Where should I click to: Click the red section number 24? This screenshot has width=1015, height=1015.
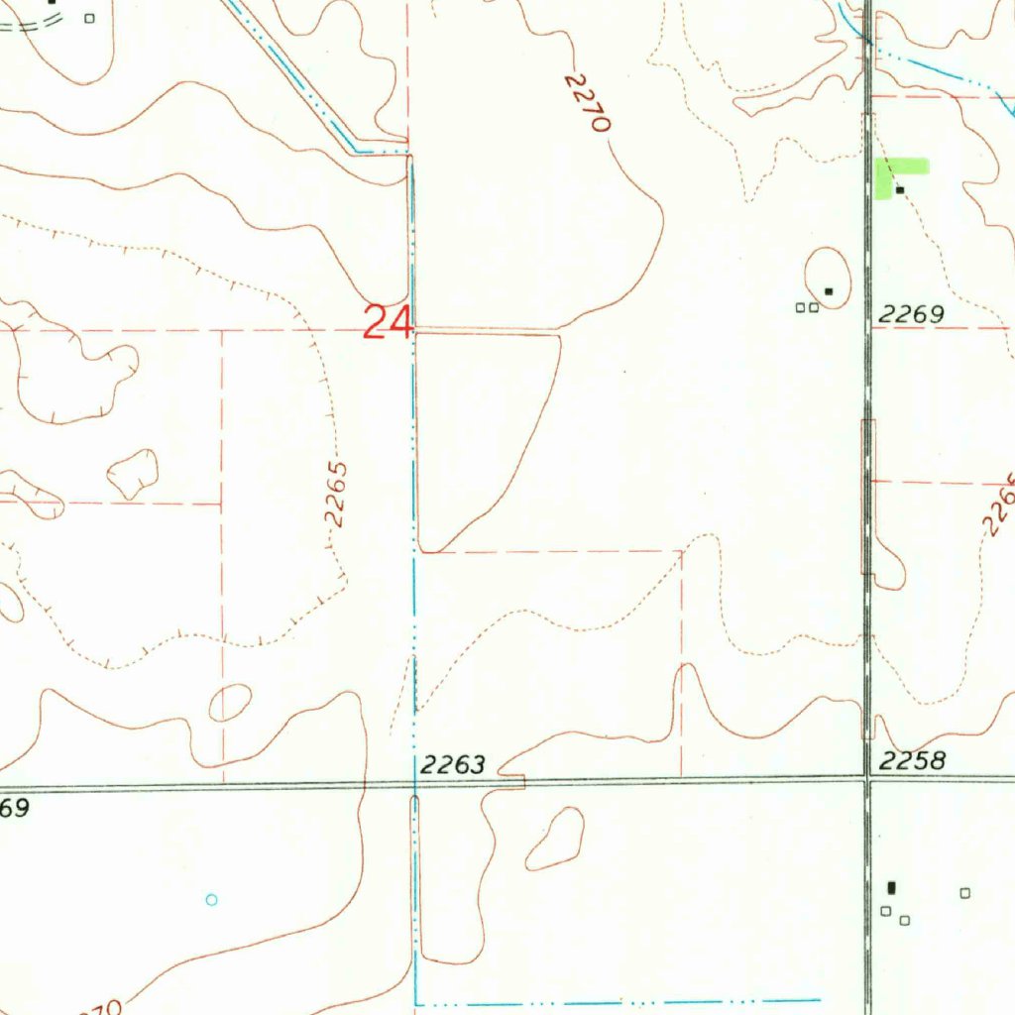(x=388, y=323)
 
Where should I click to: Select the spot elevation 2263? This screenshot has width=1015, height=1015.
(x=453, y=764)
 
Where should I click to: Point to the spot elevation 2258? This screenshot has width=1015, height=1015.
(x=913, y=760)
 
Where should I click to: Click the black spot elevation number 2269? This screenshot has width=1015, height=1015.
(x=911, y=315)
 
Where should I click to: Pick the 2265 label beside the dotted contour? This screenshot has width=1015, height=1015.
(x=338, y=493)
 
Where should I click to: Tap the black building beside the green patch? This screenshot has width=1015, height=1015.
(x=900, y=189)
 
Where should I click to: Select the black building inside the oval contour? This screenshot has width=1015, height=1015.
(x=829, y=290)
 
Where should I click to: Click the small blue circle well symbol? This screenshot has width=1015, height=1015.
(x=210, y=900)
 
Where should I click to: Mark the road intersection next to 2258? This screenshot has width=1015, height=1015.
(x=867, y=780)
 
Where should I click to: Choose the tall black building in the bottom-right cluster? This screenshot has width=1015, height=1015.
(x=891, y=887)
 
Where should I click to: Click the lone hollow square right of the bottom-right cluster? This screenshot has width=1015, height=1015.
(x=964, y=893)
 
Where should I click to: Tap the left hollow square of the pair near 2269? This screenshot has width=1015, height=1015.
(x=800, y=307)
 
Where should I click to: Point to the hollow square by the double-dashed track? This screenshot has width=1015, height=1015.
(x=90, y=17)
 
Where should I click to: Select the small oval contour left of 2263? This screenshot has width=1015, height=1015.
(x=229, y=703)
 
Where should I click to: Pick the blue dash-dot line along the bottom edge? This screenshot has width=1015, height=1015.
(x=615, y=1001)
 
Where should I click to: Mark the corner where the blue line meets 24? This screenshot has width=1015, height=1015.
(x=413, y=330)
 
